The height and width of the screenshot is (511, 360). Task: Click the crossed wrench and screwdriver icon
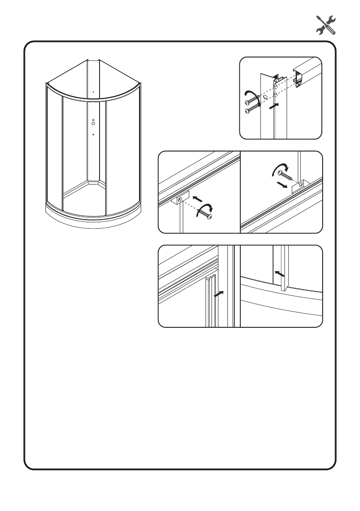(325, 25)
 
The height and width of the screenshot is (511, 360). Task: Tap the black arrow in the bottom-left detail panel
(219, 295)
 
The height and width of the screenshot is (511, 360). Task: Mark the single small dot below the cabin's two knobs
(93, 135)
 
